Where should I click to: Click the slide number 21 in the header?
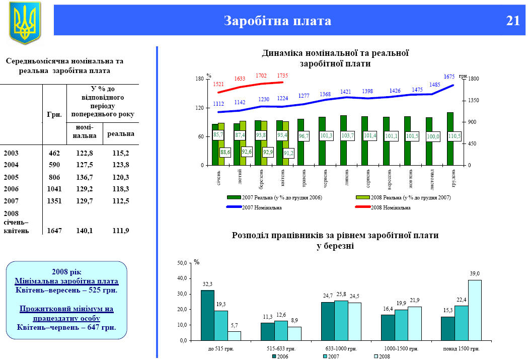tap(513, 21)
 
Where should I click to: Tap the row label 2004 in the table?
tap(11, 165)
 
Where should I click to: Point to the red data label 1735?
tap(282, 76)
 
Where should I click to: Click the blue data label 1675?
tap(449, 77)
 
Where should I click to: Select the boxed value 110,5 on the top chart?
tap(455, 136)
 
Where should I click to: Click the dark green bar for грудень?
tap(450, 139)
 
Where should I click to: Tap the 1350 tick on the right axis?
tap(474, 101)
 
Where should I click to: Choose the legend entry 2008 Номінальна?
tap(390, 207)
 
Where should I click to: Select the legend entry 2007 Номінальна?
tap(261, 207)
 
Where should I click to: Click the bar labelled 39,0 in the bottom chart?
tap(475, 310)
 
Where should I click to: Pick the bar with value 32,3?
tap(207, 315)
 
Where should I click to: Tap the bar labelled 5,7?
tap(235, 335)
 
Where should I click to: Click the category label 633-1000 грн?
tap(341, 348)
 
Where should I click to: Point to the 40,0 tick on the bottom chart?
tap(182, 278)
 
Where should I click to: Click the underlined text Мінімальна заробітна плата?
tap(66, 281)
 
